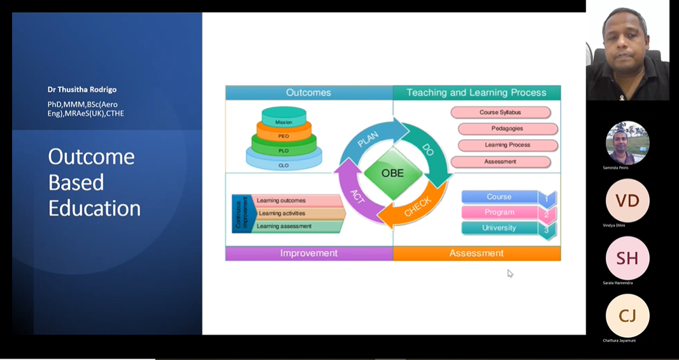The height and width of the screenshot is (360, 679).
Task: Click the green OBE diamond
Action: [392, 173]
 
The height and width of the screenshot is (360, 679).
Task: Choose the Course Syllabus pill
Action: [500, 113]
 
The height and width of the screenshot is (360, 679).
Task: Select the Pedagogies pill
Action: [507, 129]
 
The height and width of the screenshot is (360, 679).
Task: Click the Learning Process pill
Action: [507, 145]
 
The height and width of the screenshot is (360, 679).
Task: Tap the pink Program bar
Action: [500, 212]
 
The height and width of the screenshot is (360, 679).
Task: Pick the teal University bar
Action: [500, 228]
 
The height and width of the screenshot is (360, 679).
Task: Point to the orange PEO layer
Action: [283, 135]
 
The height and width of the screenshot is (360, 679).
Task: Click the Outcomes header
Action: [308, 93]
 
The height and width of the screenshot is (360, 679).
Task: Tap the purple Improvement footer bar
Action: [309, 254]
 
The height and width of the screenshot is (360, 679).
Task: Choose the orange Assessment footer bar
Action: [476, 254]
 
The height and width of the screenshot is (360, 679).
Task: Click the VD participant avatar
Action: [627, 201]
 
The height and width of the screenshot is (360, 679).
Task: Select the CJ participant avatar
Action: [627, 315]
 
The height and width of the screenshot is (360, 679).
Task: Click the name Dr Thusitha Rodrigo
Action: [82, 90]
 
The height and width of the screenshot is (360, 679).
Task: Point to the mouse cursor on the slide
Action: [510, 273]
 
